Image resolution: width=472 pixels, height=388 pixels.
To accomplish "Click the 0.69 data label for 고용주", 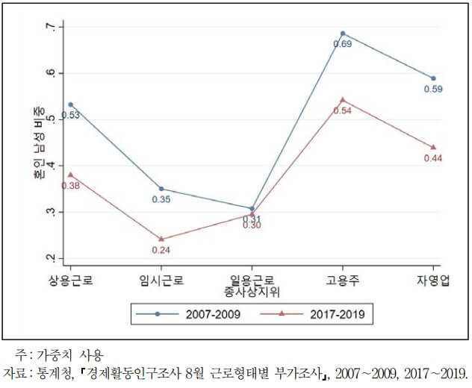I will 342,45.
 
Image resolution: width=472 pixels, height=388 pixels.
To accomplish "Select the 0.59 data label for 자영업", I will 433,90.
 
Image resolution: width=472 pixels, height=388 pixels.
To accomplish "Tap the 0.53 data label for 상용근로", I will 71,115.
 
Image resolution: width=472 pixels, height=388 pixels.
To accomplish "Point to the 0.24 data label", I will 161,250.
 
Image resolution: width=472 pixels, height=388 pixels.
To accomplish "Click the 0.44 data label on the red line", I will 433,158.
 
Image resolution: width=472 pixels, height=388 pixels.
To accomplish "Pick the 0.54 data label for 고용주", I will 342,110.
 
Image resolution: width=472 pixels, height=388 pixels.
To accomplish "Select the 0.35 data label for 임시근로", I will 161,199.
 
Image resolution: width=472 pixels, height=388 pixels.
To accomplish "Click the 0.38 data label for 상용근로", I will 71,185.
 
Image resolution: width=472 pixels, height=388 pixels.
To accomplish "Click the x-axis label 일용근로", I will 252,278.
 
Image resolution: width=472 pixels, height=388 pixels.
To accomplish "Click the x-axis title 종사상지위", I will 252,290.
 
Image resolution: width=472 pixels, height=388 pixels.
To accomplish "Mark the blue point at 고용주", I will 342,34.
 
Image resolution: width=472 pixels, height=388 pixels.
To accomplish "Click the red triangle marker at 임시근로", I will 161,239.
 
